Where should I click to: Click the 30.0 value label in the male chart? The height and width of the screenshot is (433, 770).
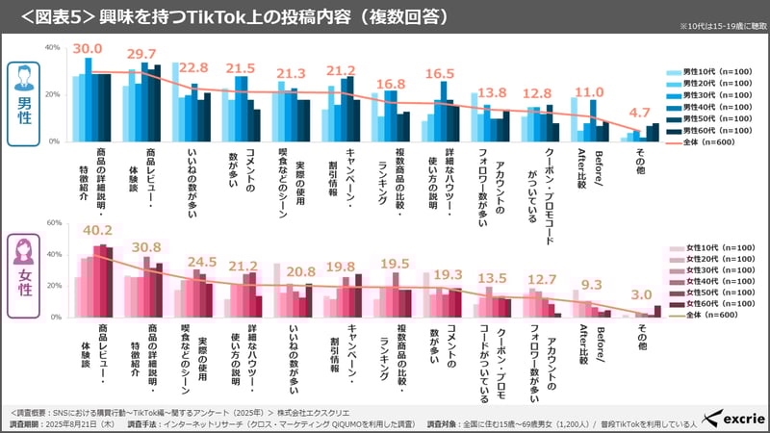[88, 49]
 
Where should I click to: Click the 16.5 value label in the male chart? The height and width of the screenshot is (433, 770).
[441, 73]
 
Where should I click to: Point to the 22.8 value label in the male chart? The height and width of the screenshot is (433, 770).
[193, 67]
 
